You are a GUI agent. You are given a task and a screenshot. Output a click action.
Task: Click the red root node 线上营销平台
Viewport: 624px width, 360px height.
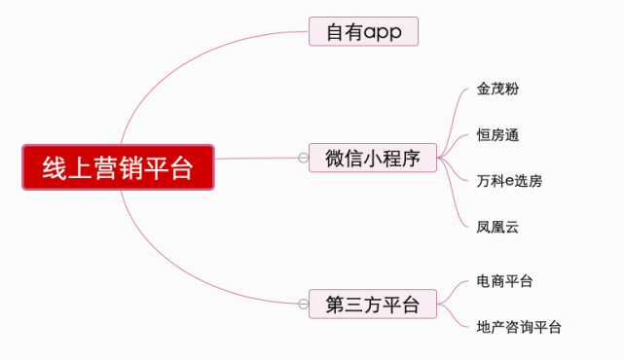coord(118,167)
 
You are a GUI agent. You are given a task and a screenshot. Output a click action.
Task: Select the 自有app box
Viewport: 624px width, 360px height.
coord(363,31)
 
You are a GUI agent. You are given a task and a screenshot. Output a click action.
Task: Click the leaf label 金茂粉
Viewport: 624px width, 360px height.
coord(497,89)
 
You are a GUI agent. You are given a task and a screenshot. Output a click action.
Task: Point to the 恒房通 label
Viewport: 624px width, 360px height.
coord(497,134)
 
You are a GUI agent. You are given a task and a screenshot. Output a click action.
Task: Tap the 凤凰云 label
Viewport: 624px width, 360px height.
coord(497,227)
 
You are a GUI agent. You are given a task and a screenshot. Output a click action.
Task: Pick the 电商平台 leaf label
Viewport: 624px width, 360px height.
coord(504,281)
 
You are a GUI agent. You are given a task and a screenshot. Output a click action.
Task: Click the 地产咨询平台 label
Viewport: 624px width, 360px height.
coord(519,328)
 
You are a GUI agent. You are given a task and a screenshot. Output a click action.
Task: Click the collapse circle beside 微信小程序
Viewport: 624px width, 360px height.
coord(303,158)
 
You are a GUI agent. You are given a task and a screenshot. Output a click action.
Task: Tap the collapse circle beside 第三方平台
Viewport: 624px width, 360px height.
coord(303,305)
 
